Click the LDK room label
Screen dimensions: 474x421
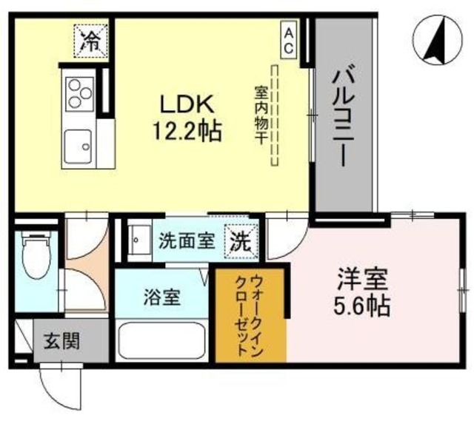pyautogui.click(x=187, y=104)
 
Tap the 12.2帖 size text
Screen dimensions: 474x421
pyautogui.click(x=187, y=132)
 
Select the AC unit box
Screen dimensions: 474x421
pyautogui.click(x=288, y=39)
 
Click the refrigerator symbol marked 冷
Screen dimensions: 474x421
pyautogui.click(x=91, y=41)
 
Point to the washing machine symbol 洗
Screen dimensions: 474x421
pyautogui.click(x=241, y=242)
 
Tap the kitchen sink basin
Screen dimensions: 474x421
pyautogui.click(x=78, y=146)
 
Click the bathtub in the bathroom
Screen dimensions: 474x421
pyautogui.click(x=161, y=340)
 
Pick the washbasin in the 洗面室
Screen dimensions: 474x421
pyautogui.click(x=139, y=240)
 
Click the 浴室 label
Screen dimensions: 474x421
pyautogui.click(x=161, y=297)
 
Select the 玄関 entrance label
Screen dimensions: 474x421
pyautogui.click(x=61, y=341)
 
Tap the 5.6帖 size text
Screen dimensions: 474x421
pyautogui.click(x=361, y=306)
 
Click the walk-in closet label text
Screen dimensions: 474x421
pyautogui.click(x=250, y=314)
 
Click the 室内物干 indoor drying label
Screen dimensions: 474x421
pyautogui.click(x=260, y=115)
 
